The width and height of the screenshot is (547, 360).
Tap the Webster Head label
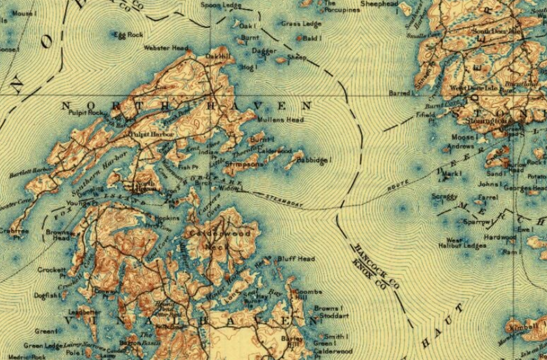pos(166,48)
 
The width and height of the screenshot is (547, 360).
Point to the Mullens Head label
pos(281,120)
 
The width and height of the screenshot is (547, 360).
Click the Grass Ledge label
pos(301,24)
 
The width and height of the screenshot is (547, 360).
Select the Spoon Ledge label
pos(220,5)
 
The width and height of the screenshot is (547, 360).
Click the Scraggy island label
pos(444,196)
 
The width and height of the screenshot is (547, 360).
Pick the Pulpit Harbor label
pos(149,134)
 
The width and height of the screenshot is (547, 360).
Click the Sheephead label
pos(379,4)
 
